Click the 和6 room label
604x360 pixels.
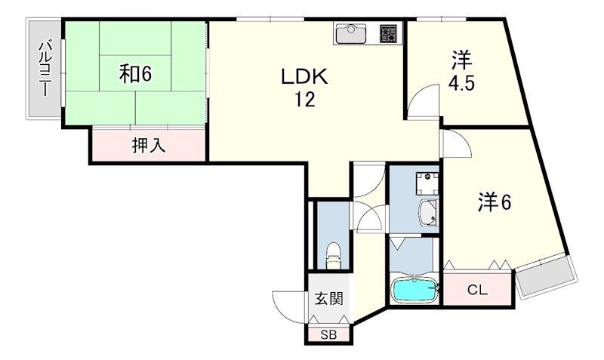tap(136, 74)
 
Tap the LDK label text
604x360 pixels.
tap(304, 77)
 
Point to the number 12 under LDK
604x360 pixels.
tap(304, 100)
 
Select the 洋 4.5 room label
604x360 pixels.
tap(463, 70)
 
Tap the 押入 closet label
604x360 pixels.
tap(148, 145)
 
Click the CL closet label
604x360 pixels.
tap(476, 289)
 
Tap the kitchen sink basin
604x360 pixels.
tap(350, 34)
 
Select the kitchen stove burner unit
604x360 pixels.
tap(388, 34)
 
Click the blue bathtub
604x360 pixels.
tap(414, 290)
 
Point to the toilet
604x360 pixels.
tap(333, 255)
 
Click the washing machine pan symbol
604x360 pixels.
tap(427, 182)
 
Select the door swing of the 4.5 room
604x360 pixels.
tap(426, 101)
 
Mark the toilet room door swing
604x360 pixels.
tap(370, 220)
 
